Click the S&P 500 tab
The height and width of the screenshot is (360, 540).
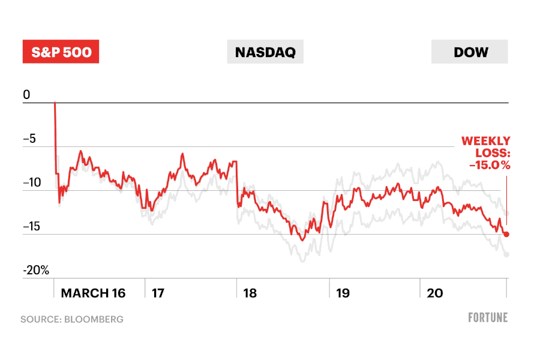[x=61, y=52]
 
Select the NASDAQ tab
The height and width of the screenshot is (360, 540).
[x=265, y=52]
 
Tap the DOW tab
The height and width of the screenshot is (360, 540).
[x=470, y=52]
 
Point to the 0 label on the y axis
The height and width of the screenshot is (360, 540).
[x=26, y=95]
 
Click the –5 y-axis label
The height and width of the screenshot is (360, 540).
[x=29, y=139]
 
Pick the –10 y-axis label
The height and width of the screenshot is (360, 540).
[x=32, y=182]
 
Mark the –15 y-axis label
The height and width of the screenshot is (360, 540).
[x=32, y=226]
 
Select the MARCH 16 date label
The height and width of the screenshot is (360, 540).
[x=94, y=293]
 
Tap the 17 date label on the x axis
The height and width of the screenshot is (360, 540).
[x=158, y=293]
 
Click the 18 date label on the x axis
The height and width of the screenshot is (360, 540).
[x=250, y=293]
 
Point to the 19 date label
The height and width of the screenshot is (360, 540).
[x=343, y=293]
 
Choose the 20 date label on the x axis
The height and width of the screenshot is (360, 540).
[x=434, y=293]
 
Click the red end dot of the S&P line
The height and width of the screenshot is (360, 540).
[x=506, y=234]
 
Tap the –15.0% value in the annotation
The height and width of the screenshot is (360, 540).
[x=486, y=165]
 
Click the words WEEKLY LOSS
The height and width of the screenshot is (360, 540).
[x=486, y=147]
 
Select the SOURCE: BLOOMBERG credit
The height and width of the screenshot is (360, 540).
[x=72, y=319]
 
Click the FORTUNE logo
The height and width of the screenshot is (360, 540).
[x=488, y=317]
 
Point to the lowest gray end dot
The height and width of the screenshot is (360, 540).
[x=507, y=254]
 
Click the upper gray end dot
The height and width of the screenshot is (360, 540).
[x=507, y=213]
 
